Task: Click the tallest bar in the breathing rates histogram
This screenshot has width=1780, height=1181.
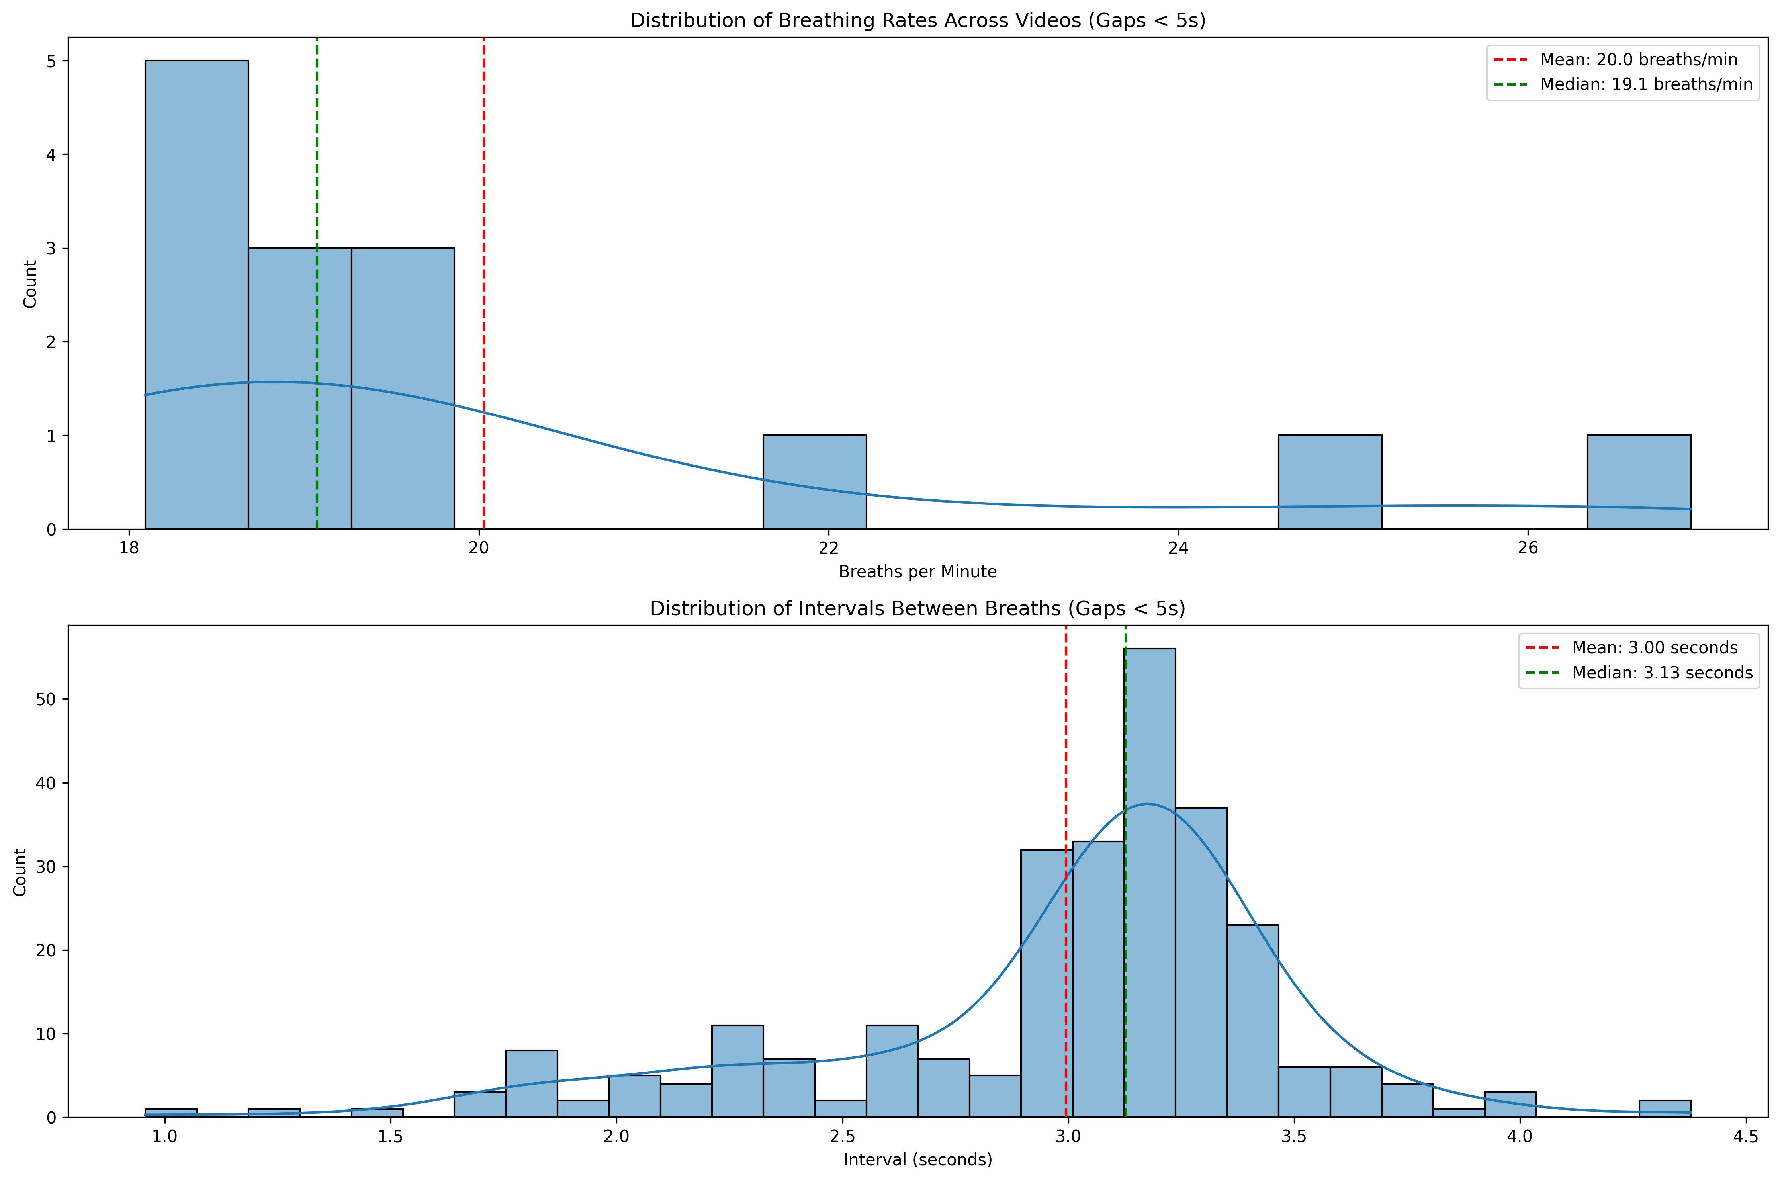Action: tap(197, 294)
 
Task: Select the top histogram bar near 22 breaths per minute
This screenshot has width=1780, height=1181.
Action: tap(814, 482)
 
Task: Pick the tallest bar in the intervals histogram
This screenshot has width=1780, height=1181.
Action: tap(1150, 881)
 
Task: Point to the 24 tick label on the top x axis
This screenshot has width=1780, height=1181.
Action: tap(1178, 548)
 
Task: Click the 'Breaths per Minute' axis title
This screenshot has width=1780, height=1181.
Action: tap(917, 572)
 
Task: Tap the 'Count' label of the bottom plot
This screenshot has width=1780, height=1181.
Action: tap(20, 872)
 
